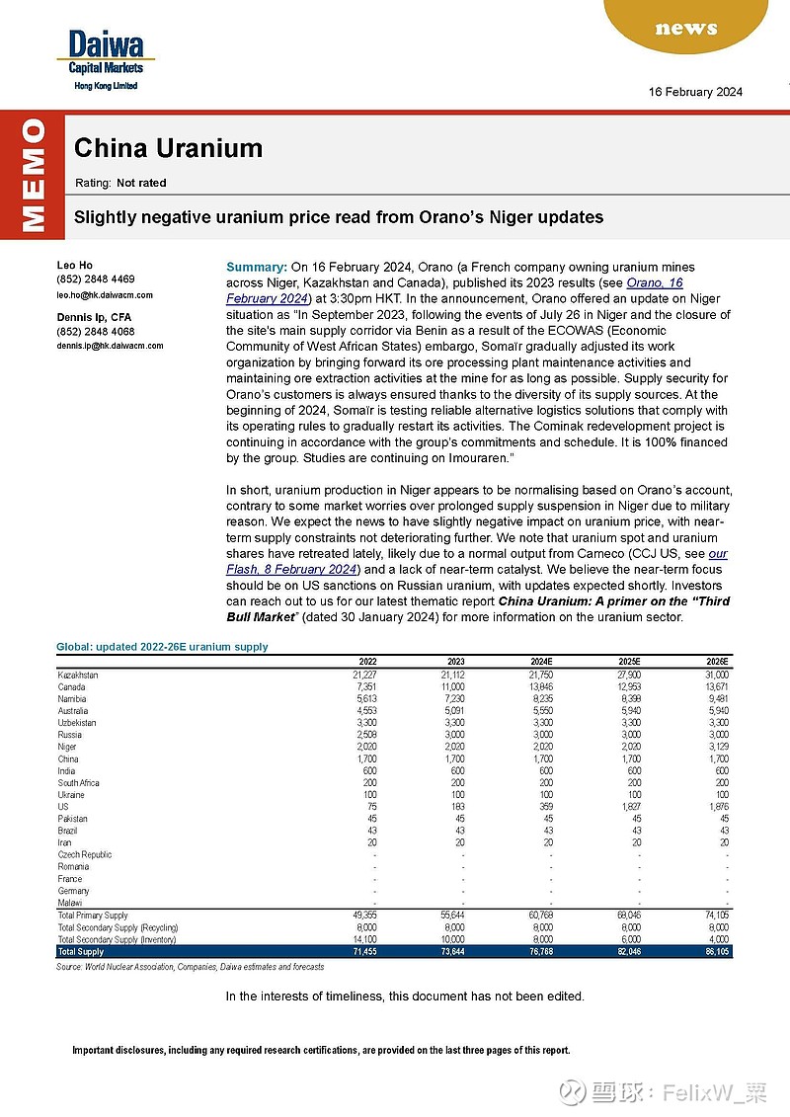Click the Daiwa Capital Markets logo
coord(106,58)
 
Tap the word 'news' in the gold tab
coord(685,28)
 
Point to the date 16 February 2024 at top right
coord(695,92)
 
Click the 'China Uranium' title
coord(168,148)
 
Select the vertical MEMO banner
coord(32,176)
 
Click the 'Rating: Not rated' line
coord(120,183)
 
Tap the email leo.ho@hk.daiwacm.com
coord(105,294)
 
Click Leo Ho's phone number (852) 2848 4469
coord(96,279)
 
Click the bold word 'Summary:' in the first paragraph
coord(257,268)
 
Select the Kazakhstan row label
coord(78,675)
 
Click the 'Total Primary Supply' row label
coord(93,916)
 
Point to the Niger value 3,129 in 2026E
coord(715,747)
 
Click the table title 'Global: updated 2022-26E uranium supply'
coord(162,647)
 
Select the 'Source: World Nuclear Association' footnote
coord(190,967)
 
